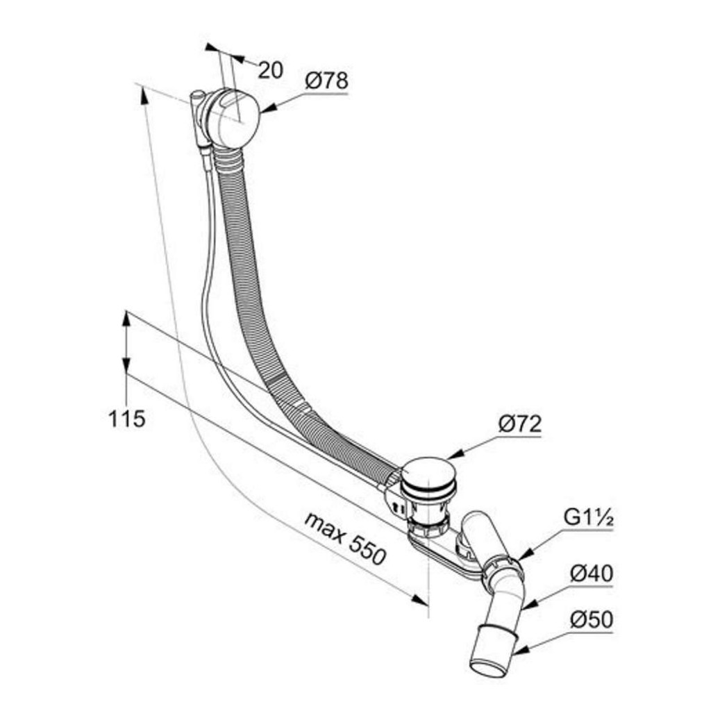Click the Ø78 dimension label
click(x=326, y=81)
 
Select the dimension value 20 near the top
click(x=270, y=70)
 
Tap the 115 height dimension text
click(x=127, y=418)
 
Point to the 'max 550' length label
click(x=345, y=538)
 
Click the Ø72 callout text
click(x=519, y=424)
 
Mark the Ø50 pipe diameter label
click(x=592, y=619)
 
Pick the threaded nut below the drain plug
click(x=428, y=528)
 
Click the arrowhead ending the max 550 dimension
click(x=419, y=599)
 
